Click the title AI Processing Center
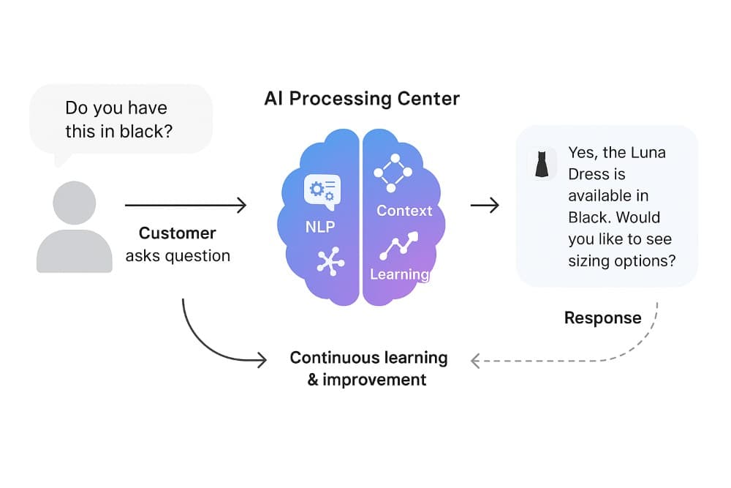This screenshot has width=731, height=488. point(362,99)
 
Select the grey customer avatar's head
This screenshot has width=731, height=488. point(74,203)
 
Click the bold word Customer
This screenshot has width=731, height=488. point(178,233)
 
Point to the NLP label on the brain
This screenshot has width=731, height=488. point(321,228)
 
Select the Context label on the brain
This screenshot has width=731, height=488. point(404,211)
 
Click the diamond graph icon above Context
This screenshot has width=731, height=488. point(393,173)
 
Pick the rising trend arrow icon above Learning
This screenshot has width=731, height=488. point(398,247)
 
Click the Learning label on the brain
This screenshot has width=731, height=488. point(399,274)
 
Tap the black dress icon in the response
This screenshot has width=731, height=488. point(542,165)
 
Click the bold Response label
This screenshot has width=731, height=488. point(602,318)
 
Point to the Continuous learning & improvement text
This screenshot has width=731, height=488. point(368,368)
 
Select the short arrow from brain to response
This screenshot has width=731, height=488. point(484,206)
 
